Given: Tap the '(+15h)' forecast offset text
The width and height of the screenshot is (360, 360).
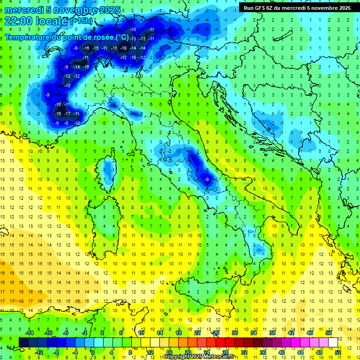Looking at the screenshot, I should point(81,21).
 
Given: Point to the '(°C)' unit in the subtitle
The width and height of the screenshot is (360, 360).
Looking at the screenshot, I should point(122,37).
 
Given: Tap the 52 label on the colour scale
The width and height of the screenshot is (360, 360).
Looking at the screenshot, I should point(338,352).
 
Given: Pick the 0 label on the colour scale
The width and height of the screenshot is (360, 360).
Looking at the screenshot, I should point(92,352).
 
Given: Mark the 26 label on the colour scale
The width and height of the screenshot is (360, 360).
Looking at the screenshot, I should point(216,333).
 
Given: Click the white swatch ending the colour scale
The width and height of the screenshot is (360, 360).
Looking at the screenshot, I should point(333,342).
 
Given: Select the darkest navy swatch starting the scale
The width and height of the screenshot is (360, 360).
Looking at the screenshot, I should point(23,342).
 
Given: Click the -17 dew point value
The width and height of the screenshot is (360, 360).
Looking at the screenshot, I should point(67,113).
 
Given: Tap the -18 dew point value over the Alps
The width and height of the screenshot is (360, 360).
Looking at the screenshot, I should point(124,48).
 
